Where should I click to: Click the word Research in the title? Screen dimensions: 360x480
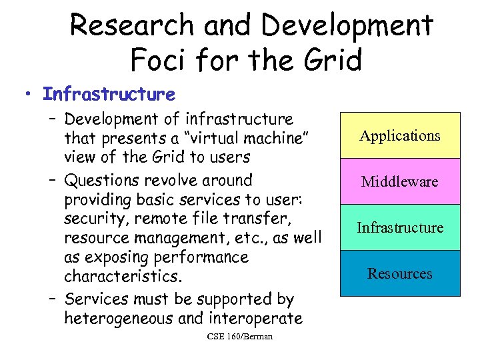pos(133,26)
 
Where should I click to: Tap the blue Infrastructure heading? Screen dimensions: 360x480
pos(109,95)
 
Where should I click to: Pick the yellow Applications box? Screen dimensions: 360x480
pos(400,136)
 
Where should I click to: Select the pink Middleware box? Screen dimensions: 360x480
pos(400,181)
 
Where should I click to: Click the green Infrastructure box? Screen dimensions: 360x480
pos(400,227)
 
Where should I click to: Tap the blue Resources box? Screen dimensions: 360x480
pos(400,273)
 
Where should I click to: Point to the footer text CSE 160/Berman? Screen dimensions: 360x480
pos(240,337)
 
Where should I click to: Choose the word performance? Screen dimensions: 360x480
pos(204,257)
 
